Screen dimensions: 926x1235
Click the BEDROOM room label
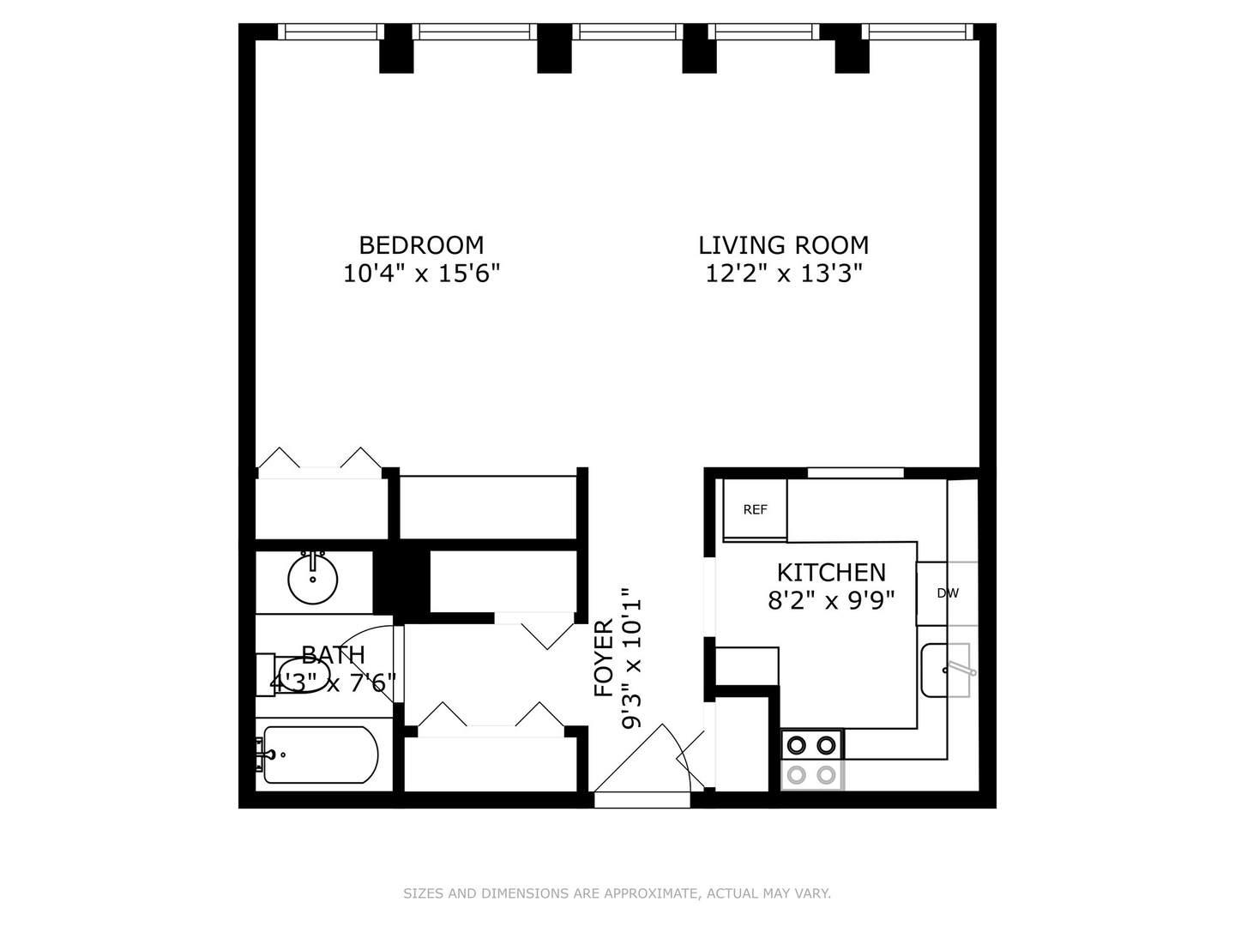(x=421, y=245)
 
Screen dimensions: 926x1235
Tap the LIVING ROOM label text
(x=783, y=245)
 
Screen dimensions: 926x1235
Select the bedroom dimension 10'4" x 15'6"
(x=421, y=274)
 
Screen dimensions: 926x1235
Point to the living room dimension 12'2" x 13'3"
(x=783, y=274)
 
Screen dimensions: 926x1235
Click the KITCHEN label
(x=831, y=572)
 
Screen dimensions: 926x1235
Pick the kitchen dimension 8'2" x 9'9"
(x=831, y=600)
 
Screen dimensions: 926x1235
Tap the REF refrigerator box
(x=755, y=509)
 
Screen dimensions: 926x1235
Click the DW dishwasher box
(x=947, y=593)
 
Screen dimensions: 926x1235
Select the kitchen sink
(x=945, y=670)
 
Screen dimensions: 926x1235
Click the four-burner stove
(x=811, y=760)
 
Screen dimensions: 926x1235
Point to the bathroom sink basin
(x=312, y=580)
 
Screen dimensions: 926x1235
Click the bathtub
(x=319, y=755)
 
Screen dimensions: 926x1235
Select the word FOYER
(x=605, y=658)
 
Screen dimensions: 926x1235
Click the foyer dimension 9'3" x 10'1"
(x=631, y=658)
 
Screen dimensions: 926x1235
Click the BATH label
(x=333, y=655)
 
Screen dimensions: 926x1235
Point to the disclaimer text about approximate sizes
(x=617, y=893)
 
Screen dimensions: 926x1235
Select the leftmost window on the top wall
(x=331, y=32)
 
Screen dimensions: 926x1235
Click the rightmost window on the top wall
(x=918, y=32)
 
